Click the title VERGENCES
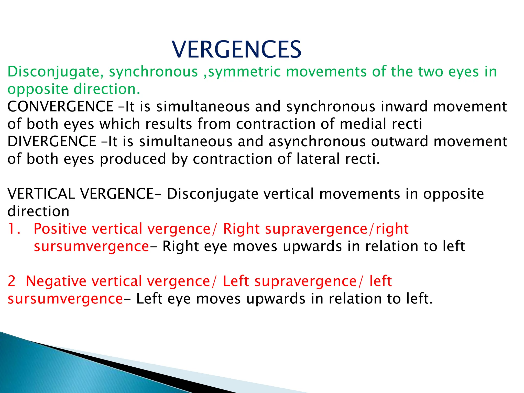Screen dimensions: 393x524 pos(236,50)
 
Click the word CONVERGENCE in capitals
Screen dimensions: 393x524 pos(60,106)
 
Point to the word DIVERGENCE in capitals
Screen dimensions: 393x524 pos(52,141)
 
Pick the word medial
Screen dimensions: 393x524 pos(363,124)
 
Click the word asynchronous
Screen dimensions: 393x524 pos(317,141)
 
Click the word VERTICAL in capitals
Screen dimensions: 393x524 pos(41,194)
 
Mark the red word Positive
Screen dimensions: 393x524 pos(60,228)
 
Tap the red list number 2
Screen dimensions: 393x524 pos(12,281)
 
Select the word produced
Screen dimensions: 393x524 pos(133,159)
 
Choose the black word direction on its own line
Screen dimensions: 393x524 pos(38,211)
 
